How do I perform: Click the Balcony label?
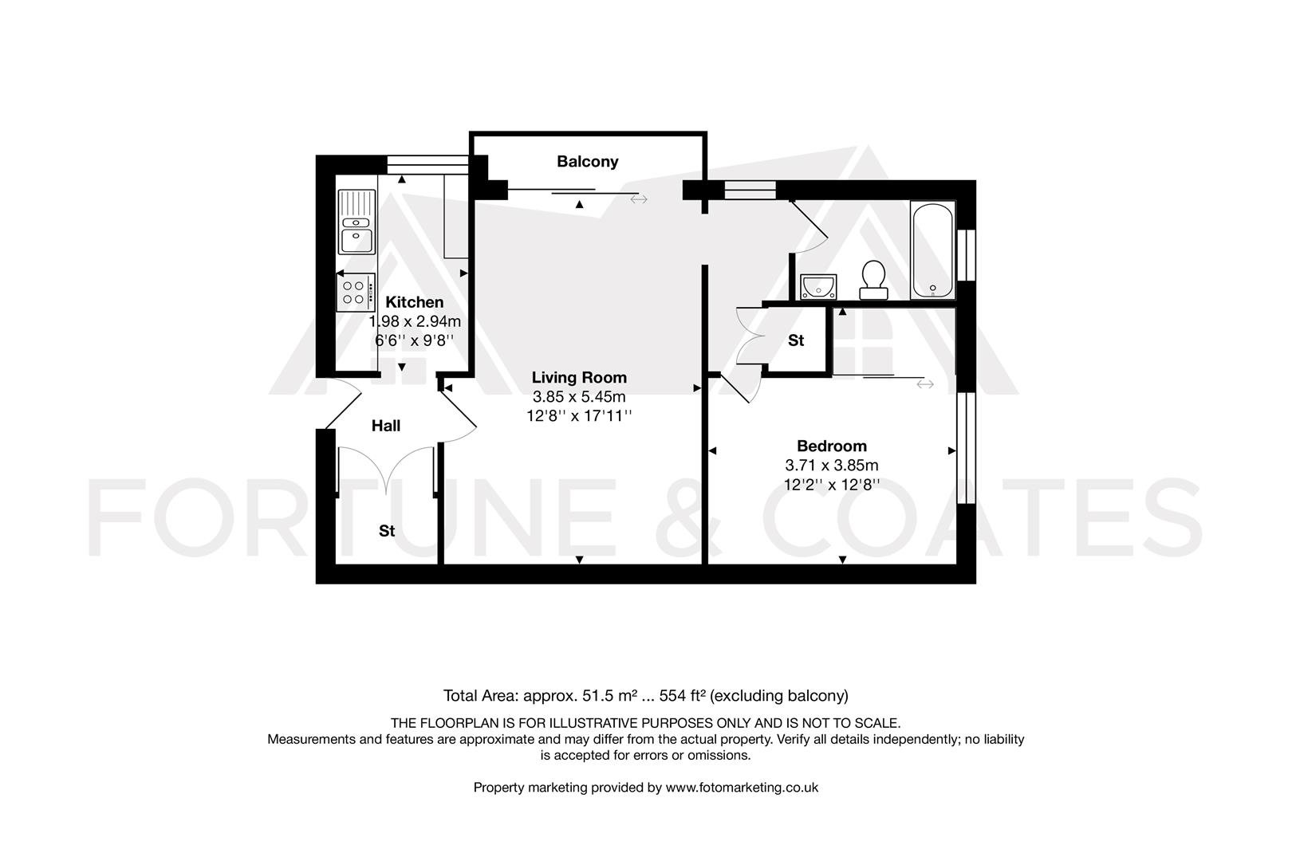587,162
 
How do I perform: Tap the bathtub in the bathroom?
932,250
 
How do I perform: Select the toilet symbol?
873,279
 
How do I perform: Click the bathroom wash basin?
819,285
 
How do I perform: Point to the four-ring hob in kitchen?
355,292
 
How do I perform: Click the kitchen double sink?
356,222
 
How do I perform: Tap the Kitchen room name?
414,302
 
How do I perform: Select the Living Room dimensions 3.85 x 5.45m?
579,396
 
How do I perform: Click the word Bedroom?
831,446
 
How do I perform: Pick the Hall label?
386,426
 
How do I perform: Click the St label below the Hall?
387,531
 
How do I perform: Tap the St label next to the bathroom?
795,340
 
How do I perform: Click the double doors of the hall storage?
387,470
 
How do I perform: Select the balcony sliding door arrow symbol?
639,199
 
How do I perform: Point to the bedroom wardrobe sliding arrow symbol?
924,384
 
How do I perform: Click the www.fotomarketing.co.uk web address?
742,788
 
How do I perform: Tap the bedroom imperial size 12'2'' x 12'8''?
831,484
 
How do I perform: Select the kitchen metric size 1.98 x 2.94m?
415,321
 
